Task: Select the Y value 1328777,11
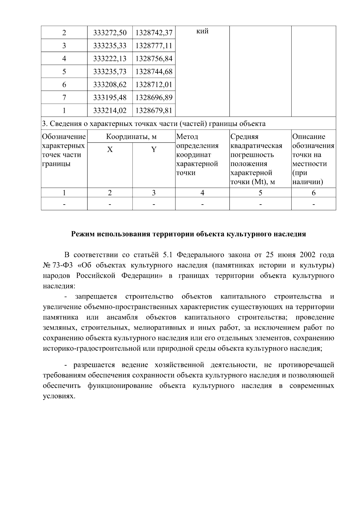point(154,46)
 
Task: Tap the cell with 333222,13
point(110,58)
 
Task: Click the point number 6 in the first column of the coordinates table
point(64,85)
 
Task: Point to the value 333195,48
point(110,97)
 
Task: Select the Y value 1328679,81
point(154,110)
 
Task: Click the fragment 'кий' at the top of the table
point(202,31)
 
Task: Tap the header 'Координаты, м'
point(131,137)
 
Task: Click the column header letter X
point(110,149)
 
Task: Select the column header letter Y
point(154,149)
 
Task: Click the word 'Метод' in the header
point(187,137)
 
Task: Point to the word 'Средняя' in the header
point(244,137)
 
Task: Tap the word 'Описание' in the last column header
point(309,137)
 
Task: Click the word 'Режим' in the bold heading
point(82,234)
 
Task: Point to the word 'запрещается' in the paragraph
point(96,297)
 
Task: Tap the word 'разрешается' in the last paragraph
point(94,365)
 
